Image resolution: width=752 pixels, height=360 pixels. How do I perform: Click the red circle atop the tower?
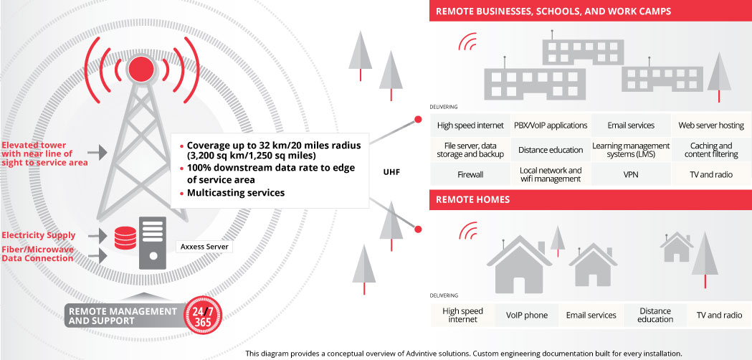141,69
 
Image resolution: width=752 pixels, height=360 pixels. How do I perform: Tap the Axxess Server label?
205,247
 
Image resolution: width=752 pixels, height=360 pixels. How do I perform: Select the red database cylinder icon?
125,238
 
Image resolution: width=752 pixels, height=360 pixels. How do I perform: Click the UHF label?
391,171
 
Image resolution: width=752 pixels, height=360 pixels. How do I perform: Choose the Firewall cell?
470,175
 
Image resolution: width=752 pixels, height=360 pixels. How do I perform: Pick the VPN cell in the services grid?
631,175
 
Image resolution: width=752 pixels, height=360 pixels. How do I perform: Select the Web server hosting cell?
711,125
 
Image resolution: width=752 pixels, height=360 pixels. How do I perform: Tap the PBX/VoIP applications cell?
551,125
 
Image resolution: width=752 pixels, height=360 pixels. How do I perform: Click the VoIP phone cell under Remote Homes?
527,316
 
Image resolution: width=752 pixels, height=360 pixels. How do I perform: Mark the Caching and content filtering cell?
711,150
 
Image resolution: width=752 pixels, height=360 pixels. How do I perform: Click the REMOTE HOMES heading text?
473,199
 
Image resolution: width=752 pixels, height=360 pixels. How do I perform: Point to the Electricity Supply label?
39,235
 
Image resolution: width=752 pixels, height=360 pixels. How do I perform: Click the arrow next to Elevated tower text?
97,153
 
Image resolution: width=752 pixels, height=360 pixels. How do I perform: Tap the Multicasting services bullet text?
236,193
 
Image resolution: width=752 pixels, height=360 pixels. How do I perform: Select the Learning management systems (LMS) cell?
631,150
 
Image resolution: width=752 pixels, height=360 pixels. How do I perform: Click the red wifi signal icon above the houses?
467,231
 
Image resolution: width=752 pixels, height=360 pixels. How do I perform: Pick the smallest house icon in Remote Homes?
676,247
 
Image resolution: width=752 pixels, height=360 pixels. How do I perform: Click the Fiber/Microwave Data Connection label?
37,254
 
